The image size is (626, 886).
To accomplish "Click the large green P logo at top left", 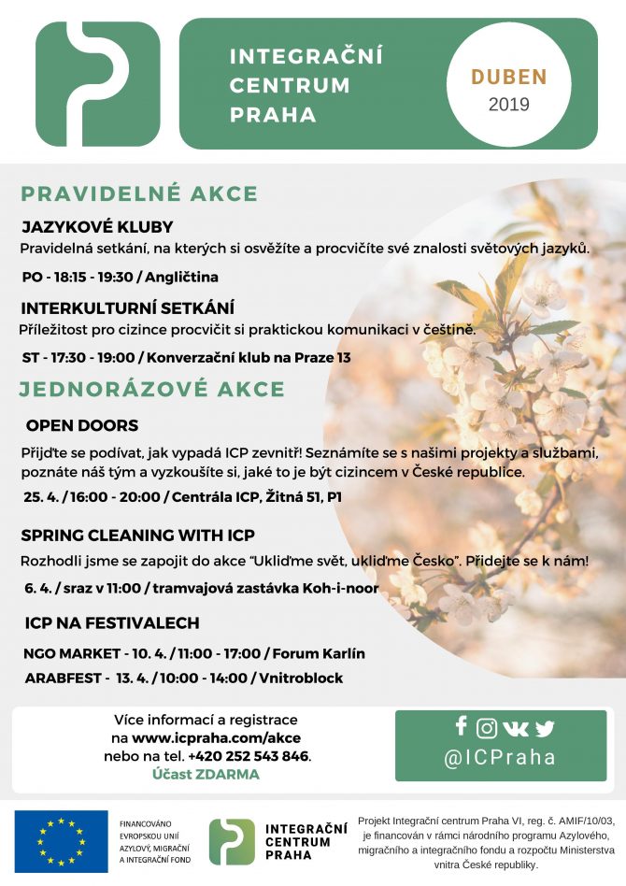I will pos(97,84).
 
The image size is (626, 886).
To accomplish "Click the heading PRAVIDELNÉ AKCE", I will pos(139,194).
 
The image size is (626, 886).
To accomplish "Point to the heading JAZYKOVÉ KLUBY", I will pos(97,227).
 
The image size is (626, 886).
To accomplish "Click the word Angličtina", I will pos(181,277).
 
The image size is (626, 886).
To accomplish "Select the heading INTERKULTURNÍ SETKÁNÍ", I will pos(127,307).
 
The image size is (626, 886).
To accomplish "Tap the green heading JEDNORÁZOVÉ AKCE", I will pos(152,389).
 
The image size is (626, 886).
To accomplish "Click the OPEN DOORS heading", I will pos(82,425).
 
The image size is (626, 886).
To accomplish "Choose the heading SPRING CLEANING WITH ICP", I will pos(137,536).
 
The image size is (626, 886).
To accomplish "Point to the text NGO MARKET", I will pos(69,653).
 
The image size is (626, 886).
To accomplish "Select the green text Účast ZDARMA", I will pos(206,774).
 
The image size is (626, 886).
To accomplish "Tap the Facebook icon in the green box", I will pos(461,726).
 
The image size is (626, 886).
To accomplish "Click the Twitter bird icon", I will pos(544,728).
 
